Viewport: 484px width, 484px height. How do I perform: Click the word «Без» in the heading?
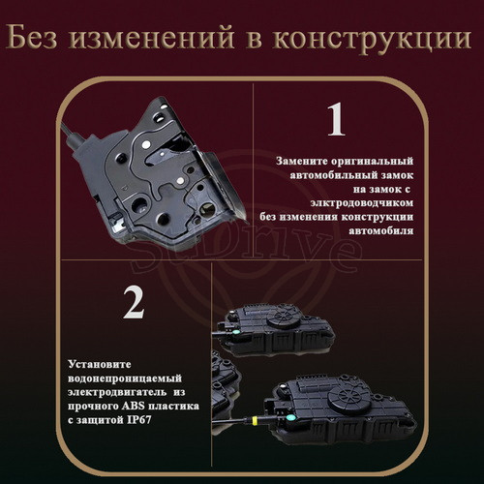(31, 38)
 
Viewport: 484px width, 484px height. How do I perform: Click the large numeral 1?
(336, 119)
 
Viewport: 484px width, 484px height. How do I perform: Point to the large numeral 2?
(134, 302)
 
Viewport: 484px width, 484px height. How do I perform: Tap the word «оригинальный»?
(372, 162)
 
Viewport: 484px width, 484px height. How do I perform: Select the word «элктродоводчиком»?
(362, 203)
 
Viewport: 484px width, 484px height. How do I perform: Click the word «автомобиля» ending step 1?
(381, 230)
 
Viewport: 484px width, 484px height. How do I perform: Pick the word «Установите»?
(100, 364)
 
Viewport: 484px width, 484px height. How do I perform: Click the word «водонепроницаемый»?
(125, 378)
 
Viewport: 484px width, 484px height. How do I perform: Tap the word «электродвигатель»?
(117, 392)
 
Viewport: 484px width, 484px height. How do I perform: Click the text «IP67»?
(139, 420)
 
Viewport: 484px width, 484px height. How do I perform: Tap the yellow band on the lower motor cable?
(255, 420)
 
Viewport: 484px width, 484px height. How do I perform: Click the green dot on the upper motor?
(235, 331)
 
